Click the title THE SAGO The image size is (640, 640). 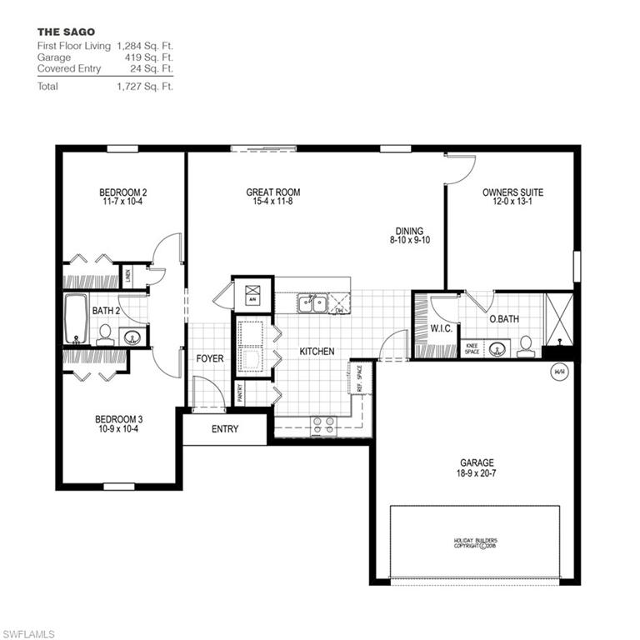65,32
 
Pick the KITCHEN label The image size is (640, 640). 317,352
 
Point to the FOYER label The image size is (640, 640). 209,359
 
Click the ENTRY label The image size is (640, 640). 225,429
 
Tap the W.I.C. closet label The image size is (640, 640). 440,328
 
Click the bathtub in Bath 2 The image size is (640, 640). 77,319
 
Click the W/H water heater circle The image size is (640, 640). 558,372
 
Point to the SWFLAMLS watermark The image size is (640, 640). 27,634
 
